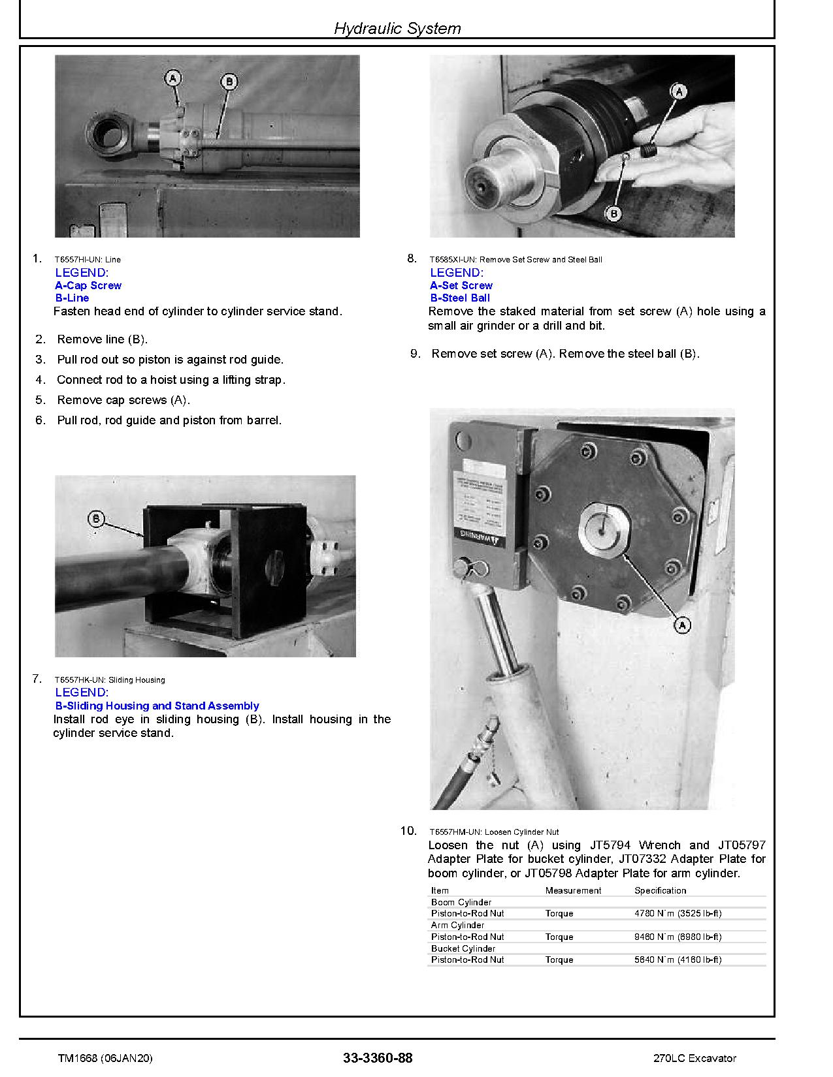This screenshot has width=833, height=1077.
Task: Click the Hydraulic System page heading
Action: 397,28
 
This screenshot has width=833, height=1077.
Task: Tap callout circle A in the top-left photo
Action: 172,79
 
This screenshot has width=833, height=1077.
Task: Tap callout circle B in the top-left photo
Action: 229,82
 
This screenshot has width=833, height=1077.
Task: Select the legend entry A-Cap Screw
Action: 88,285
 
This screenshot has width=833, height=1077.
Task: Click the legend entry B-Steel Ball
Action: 460,298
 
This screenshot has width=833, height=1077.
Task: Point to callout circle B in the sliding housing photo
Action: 96,519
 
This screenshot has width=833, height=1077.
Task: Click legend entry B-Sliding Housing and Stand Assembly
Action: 157,706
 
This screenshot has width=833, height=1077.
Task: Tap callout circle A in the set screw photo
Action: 679,91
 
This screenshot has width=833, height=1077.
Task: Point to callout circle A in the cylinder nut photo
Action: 682,625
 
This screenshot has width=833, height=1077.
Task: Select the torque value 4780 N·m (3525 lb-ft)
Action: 678,913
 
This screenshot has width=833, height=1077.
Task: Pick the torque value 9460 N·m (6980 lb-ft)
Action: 678,937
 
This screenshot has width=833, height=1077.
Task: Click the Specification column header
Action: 660,890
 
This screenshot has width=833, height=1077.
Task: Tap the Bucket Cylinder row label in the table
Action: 463,948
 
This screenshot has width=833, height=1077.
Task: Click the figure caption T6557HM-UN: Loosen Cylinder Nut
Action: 494,832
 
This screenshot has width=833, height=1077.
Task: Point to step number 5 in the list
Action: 41,400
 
